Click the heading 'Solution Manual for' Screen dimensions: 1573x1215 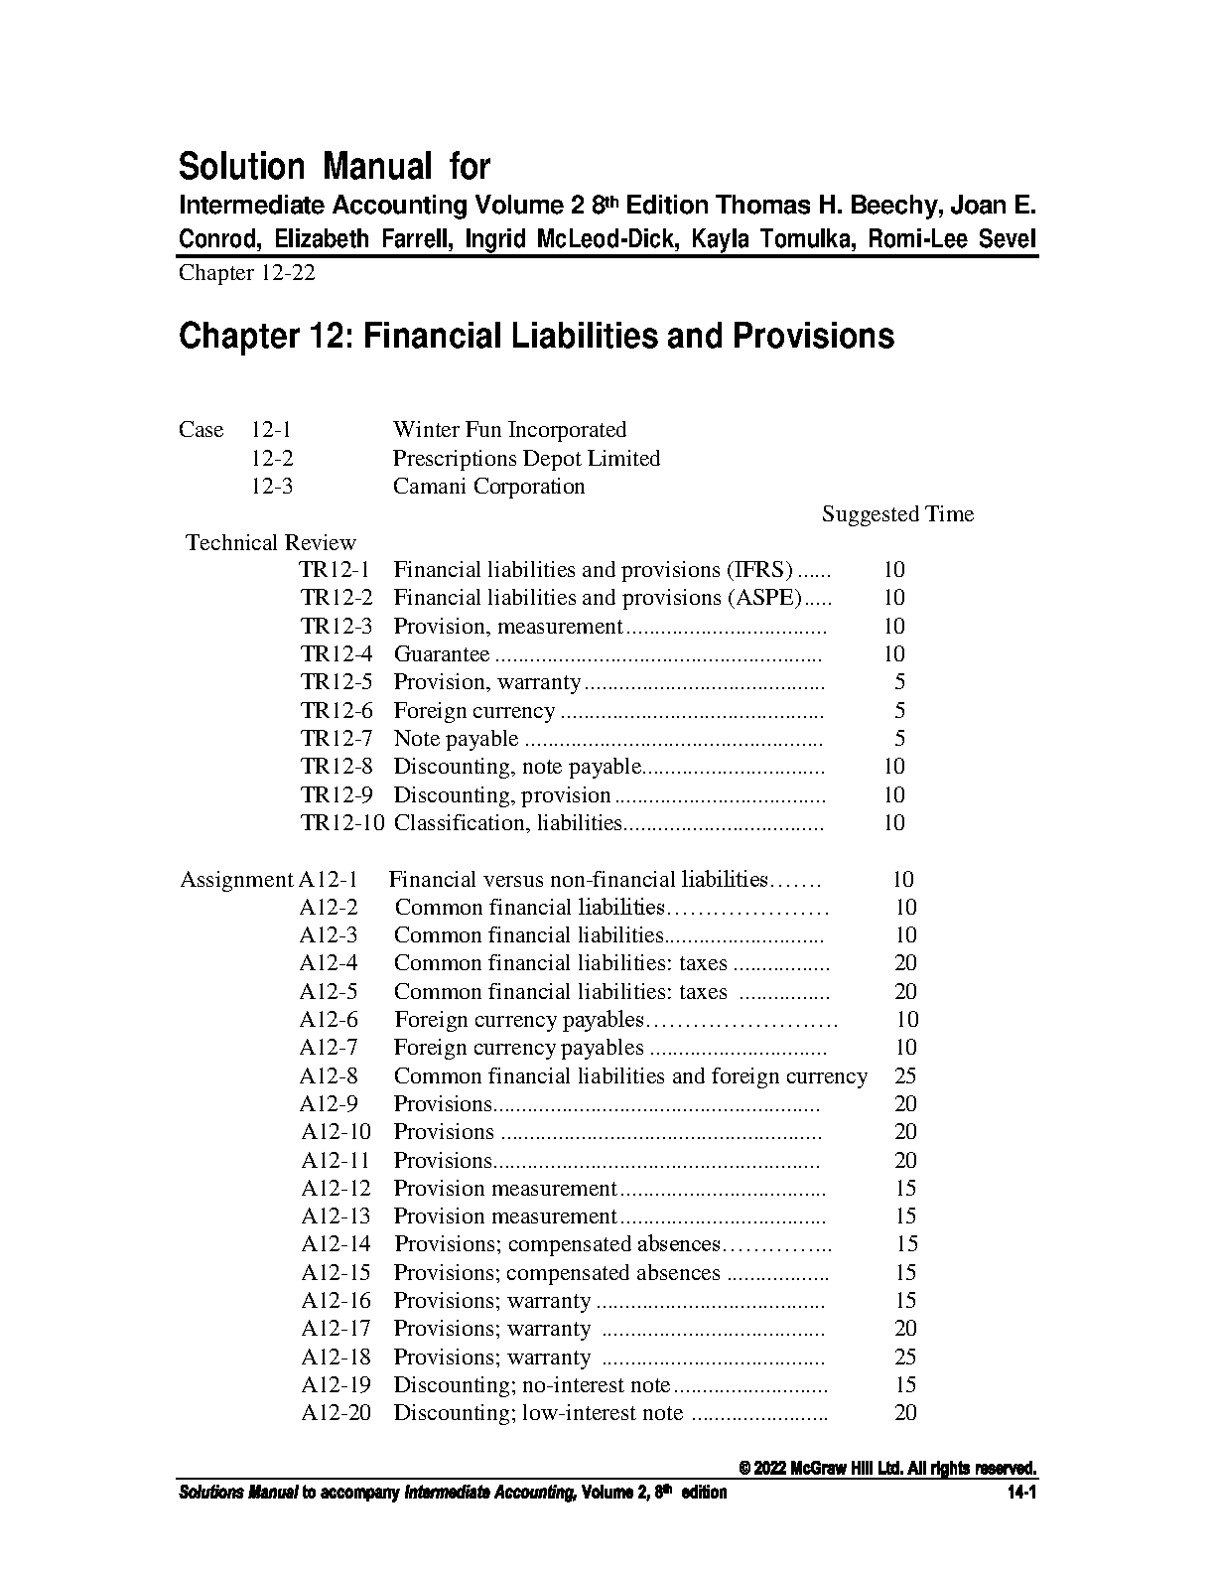pyautogui.click(x=334, y=166)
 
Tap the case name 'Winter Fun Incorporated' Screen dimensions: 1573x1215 pyautogui.click(x=509, y=430)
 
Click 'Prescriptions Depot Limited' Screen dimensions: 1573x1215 pyautogui.click(x=526, y=459)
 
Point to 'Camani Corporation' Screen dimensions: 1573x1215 pyautogui.click(x=488, y=487)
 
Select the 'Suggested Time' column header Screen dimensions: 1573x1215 pyautogui.click(x=897, y=514)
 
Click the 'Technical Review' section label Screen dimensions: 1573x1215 pyautogui.click(x=271, y=543)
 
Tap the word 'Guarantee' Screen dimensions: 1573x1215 pyautogui.click(x=442, y=654)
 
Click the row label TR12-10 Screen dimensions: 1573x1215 pyautogui.click(x=341, y=823)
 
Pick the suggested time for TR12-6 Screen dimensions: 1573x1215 pyautogui.click(x=899, y=711)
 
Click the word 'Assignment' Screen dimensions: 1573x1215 pyautogui.click(x=236, y=880)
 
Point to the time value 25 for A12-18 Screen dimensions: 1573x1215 pyautogui.click(x=905, y=1358)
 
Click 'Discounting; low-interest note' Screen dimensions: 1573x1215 pyautogui.click(x=538, y=1413)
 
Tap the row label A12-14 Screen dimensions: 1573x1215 pyautogui.click(x=336, y=1244)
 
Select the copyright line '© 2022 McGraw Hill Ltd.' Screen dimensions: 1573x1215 pyautogui.click(x=888, y=1469)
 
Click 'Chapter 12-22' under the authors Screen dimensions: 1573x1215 pyautogui.click(x=246, y=273)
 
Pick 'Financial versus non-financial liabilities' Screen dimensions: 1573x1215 pyautogui.click(x=578, y=880)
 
